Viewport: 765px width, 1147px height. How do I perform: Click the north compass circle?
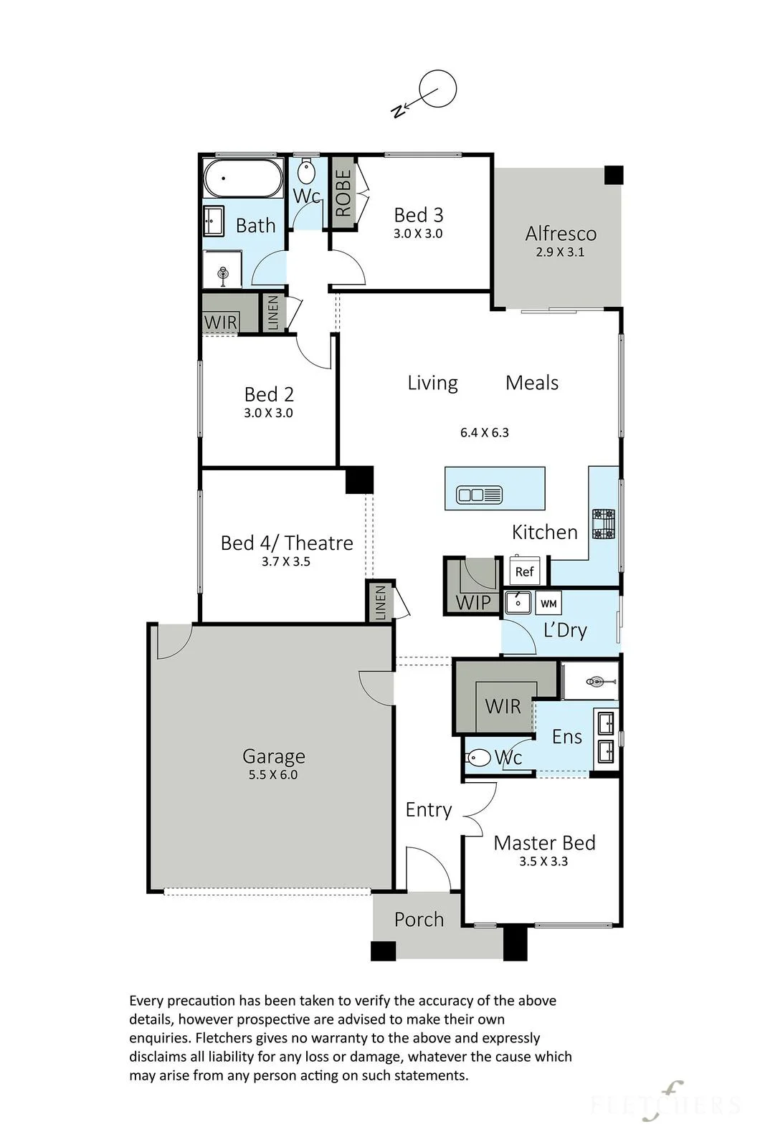coord(438,71)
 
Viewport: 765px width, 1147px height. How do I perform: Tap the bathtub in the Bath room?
coord(243,179)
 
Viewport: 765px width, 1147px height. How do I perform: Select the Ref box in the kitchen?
coord(524,571)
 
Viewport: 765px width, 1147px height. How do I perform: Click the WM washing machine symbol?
coord(548,603)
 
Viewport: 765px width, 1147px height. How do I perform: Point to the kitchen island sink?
coord(479,495)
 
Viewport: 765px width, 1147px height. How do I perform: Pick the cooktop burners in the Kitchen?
coord(604,524)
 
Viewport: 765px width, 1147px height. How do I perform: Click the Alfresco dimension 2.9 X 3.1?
coord(560,252)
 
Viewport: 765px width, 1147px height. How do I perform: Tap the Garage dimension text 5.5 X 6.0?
coord(273,775)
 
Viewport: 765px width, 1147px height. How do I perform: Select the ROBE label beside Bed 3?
coord(343,193)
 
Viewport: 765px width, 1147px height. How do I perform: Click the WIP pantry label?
coord(472,603)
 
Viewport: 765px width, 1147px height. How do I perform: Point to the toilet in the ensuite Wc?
coord(478,758)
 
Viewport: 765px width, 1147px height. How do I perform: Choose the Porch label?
coord(419,920)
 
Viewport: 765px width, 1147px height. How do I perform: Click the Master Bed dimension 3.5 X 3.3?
coord(543,861)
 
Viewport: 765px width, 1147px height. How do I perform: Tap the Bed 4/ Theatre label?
coord(287,543)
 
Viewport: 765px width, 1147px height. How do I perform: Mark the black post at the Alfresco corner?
coord(614,175)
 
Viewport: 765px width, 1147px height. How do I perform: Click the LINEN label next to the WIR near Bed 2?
coord(273,313)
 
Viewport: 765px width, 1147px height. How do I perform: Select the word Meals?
coord(531,383)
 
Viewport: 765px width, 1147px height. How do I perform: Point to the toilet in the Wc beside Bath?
coord(306,171)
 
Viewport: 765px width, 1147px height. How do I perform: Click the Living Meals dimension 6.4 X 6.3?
coord(485,433)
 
